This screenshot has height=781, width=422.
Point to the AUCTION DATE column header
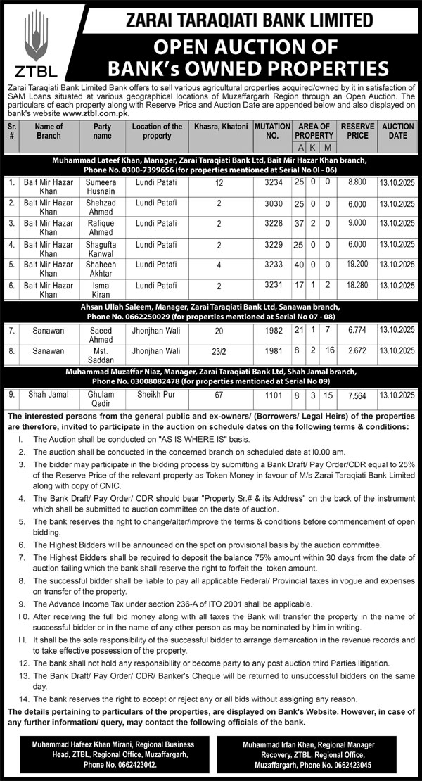398,130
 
